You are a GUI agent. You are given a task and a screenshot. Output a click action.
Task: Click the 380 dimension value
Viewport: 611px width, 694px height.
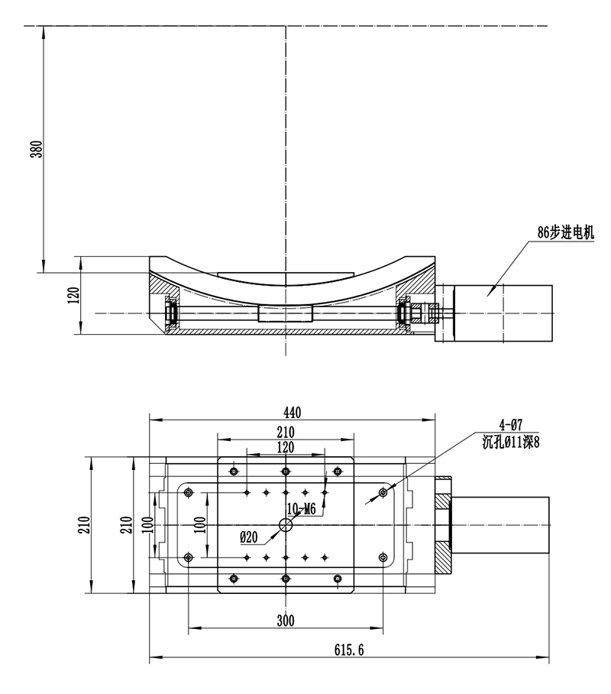[35, 148]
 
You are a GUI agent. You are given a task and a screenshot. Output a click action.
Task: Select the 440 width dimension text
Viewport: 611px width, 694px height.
[291, 413]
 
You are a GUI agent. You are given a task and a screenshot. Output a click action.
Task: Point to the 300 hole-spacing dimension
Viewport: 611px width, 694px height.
[285, 621]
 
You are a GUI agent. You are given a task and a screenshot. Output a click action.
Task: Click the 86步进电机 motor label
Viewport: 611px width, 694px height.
[565, 234]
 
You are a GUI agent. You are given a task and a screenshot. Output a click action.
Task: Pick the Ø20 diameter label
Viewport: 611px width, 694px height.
[249, 537]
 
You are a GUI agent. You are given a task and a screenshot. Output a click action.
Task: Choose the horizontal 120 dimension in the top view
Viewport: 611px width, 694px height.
[286, 447]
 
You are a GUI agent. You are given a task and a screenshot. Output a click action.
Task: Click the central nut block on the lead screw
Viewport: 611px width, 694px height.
[286, 313]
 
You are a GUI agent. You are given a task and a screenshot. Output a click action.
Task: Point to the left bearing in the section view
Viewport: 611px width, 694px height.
[172, 313]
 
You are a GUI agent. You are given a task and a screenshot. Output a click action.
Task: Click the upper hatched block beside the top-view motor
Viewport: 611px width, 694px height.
[444, 486]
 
